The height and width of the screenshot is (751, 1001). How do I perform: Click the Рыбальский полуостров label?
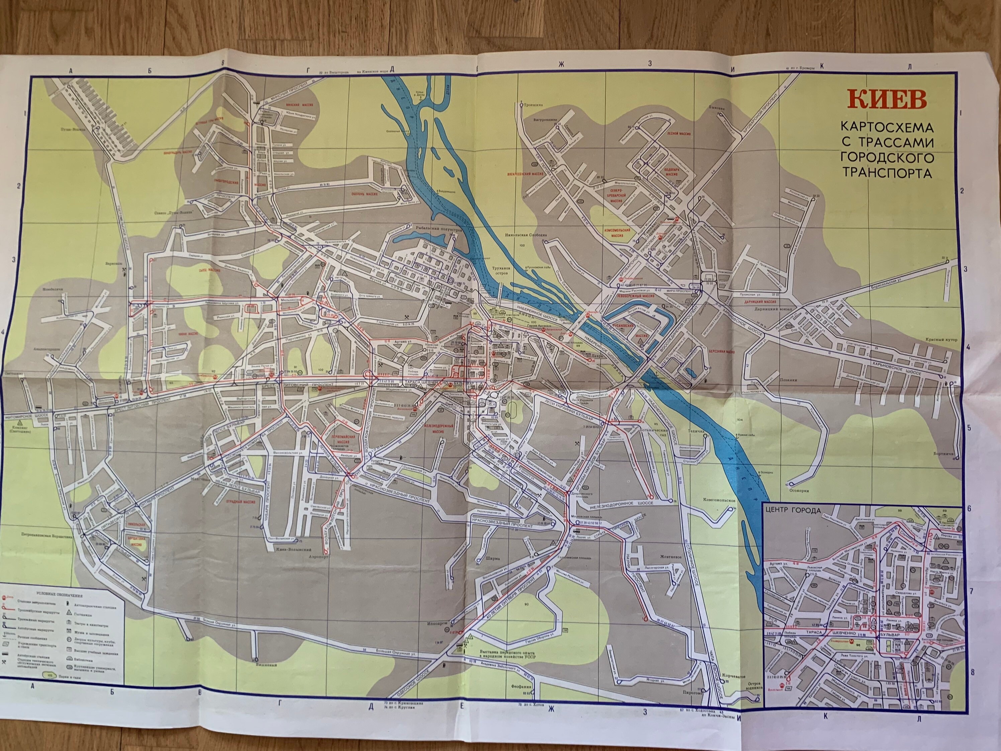[439, 229]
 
